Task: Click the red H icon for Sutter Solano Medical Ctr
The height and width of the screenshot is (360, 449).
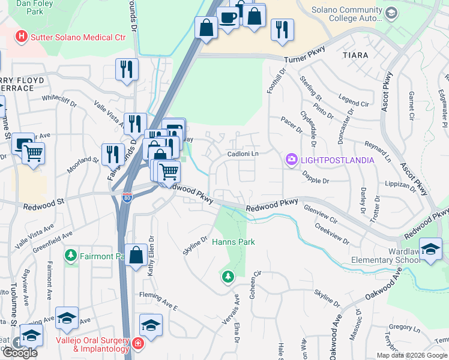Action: click(22, 37)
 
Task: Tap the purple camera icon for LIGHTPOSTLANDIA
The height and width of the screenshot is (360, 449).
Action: click(291, 160)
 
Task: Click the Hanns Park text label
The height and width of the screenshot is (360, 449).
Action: click(234, 242)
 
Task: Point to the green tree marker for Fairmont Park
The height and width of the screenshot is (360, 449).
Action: click(71, 256)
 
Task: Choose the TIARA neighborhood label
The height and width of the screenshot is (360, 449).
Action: click(355, 55)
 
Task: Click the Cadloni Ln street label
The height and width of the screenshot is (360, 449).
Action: click(243, 154)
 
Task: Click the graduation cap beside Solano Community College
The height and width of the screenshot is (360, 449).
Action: click(391, 13)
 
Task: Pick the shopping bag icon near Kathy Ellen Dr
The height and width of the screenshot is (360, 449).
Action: click(137, 255)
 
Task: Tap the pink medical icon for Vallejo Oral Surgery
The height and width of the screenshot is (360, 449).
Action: click(138, 344)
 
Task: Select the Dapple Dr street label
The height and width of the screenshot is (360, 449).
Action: click(318, 179)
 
